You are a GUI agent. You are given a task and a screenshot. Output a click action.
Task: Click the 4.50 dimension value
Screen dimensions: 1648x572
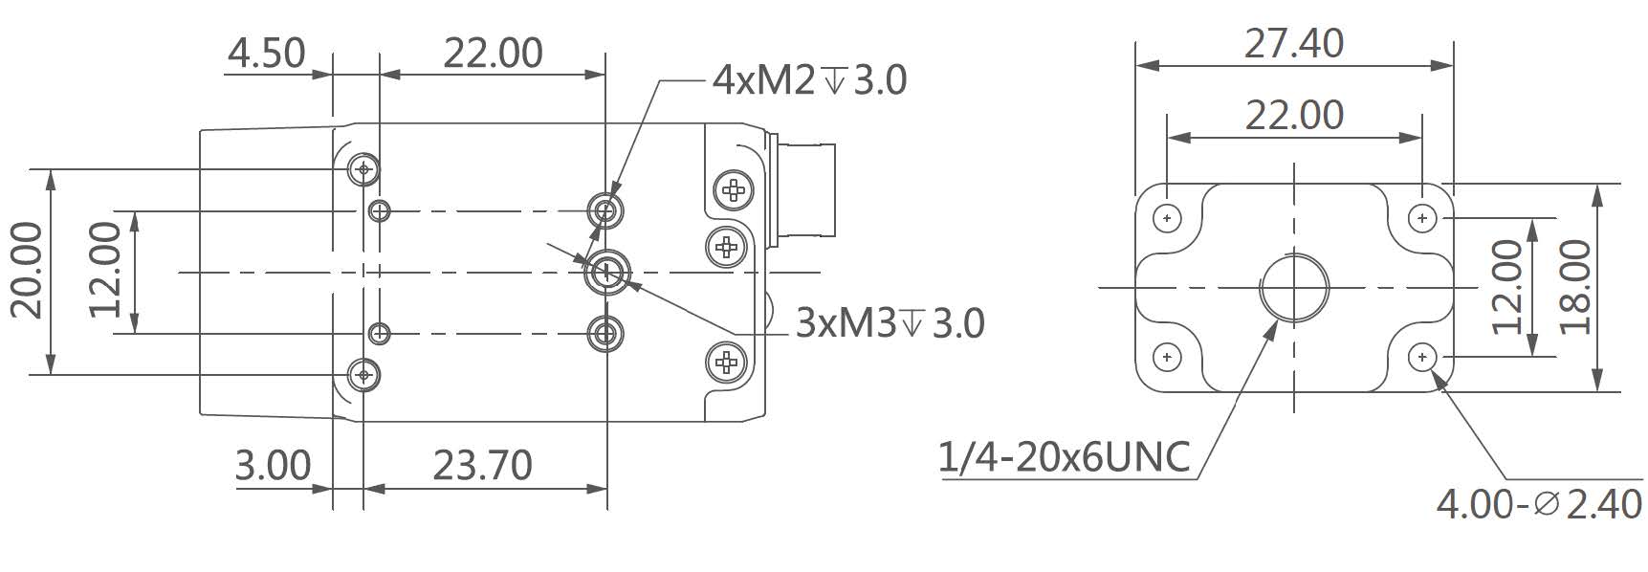(x=266, y=53)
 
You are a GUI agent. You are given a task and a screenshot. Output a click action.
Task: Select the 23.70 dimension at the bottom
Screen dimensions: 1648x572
(x=482, y=465)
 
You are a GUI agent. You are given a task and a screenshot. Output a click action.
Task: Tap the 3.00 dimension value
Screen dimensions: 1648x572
(x=274, y=465)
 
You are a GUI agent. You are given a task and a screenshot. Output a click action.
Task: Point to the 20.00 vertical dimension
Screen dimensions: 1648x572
(x=27, y=271)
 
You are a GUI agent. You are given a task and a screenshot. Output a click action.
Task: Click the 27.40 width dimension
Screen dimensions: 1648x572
(x=1293, y=43)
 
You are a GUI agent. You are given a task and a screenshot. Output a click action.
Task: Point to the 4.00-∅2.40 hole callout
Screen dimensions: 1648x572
(x=1539, y=504)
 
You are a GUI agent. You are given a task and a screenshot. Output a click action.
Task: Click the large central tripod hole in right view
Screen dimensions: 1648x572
(x=1293, y=287)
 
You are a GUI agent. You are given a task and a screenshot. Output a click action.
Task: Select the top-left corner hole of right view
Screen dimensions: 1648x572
(x=1166, y=218)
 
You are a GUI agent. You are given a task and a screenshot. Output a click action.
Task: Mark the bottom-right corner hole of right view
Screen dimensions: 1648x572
(x=1422, y=357)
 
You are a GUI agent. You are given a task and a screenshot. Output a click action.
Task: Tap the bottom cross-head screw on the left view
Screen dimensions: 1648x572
(x=727, y=362)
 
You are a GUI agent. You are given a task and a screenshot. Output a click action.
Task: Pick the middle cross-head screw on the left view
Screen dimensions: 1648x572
(x=727, y=247)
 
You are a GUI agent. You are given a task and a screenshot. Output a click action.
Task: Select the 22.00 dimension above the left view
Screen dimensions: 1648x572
(x=493, y=53)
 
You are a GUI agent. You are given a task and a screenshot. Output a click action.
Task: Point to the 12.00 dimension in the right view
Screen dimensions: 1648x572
(x=1507, y=286)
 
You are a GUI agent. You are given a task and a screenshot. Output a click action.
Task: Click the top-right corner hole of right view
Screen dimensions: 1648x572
(x=1422, y=218)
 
